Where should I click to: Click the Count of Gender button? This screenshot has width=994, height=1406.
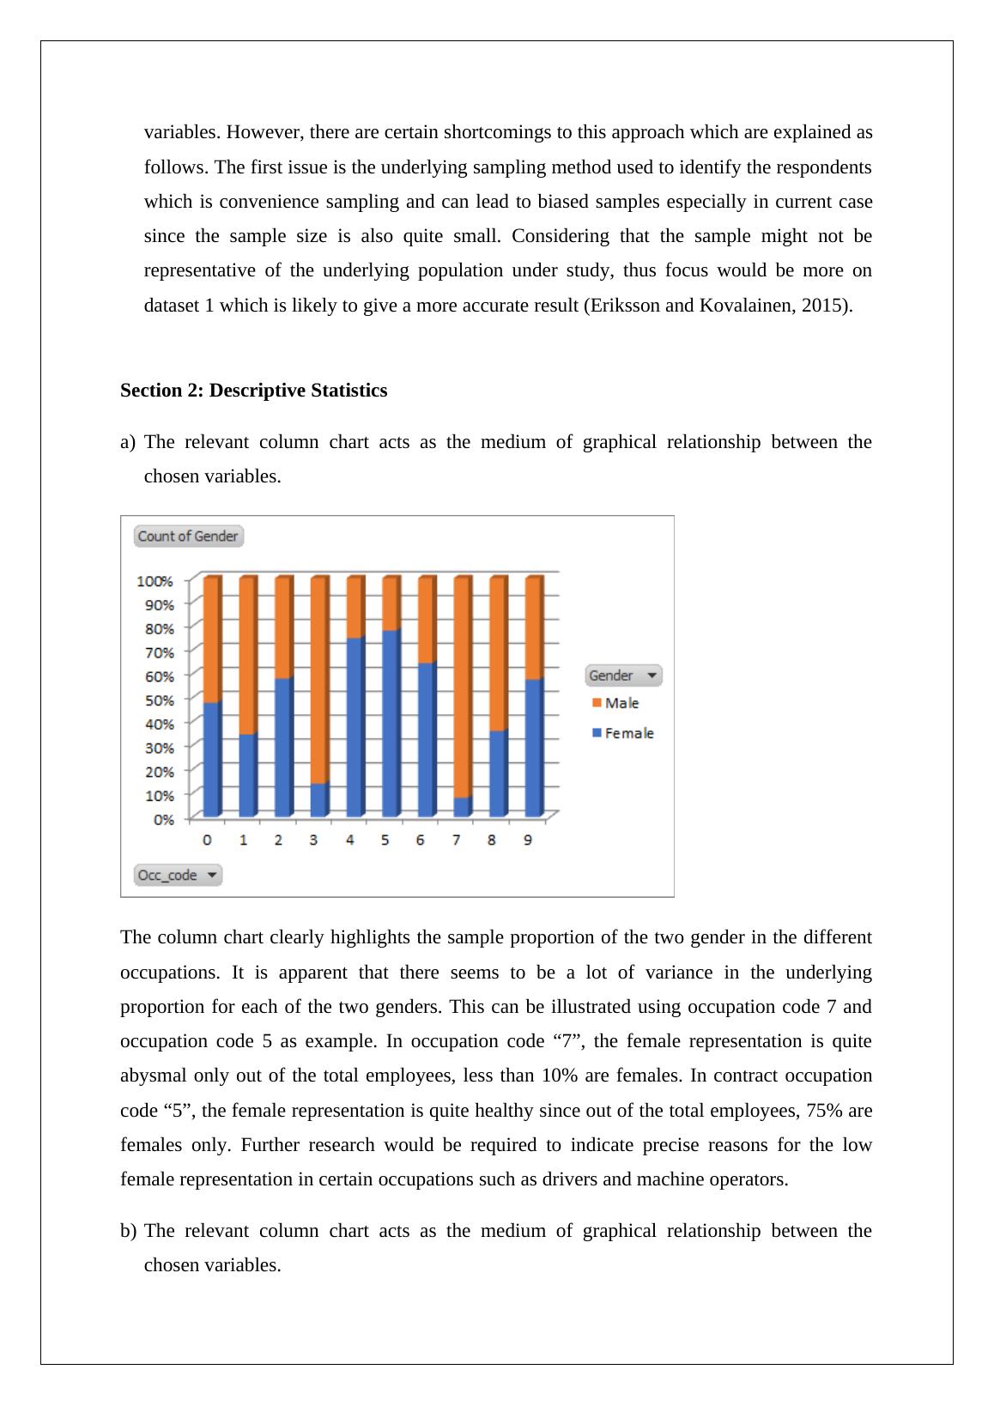[x=189, y=536]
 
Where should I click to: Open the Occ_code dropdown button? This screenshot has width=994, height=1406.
[x=178, y=876]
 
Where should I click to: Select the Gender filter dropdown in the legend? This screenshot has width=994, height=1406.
[x=624, y=676]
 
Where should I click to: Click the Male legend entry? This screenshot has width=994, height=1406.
[x=621, y=703]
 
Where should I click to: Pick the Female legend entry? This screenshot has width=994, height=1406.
[x=628, y=733]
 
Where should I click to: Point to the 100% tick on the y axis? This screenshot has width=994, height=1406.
[x=155, y=581]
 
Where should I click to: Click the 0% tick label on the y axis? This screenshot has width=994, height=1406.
[x=163, y=820]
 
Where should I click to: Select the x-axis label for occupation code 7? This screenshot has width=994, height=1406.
[x=457, y=840]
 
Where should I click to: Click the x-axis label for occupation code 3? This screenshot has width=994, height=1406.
[x=313, y=840]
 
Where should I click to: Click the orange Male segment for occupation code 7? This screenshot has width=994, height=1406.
[x=462, y=687]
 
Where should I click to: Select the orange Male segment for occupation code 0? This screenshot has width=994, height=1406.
[x=211, y=639]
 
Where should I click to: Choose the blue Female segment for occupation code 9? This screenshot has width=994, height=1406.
[x=533, y=747]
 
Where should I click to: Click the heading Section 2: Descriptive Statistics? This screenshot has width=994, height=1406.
[x=253, y=391]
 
